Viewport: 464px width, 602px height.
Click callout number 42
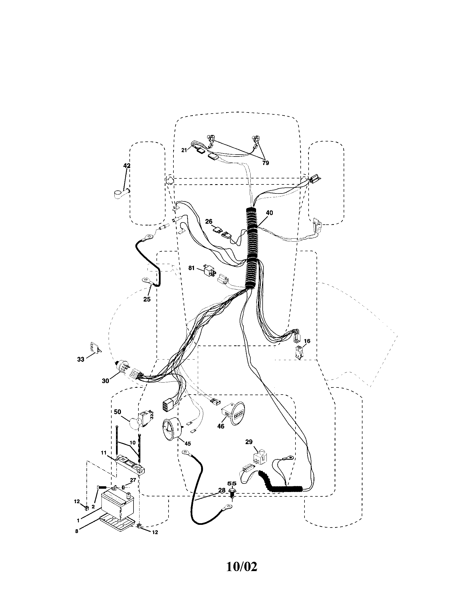point(127,166)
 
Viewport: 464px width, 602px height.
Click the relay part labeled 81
point(208,270)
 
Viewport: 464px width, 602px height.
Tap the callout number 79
point(265,163)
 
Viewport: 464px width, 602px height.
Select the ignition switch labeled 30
point(121,366)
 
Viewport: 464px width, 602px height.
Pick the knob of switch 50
point(135,428)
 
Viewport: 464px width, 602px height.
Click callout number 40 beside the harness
point(269,213)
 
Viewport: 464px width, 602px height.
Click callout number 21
point(184,150)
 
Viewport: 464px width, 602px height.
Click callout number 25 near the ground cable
point(147,299)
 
